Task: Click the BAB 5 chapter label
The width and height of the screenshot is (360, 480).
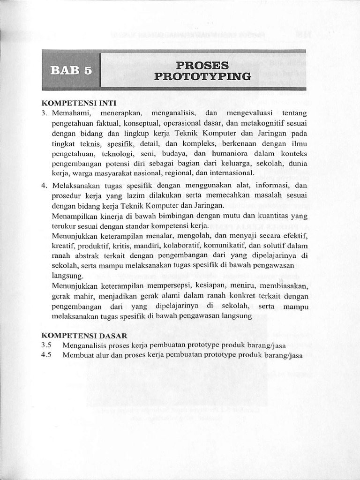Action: click(71, 70)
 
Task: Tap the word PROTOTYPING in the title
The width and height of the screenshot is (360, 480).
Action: click(202, 76)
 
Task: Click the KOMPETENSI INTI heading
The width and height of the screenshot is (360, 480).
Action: click(79, 103)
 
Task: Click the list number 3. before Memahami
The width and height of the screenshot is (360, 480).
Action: click(45, 113)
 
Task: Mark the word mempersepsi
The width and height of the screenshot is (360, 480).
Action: click(180, 286)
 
